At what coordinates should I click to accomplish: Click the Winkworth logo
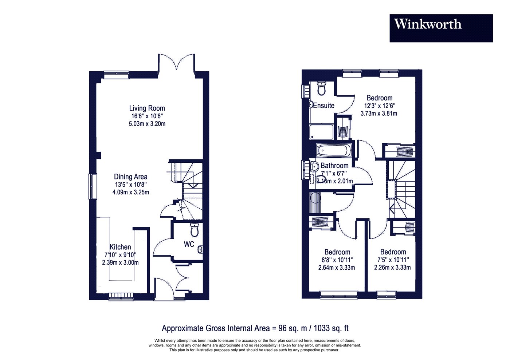[x=441, y=28]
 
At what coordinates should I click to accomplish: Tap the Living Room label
[x=147, y=108]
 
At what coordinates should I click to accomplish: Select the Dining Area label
[x=131, y=177]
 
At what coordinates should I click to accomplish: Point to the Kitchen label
[x=120, y=247]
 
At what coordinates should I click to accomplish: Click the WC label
[x=189, y=244]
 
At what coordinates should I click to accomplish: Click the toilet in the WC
[x=195, y=230]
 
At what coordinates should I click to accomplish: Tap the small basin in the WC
[x=200, y=250]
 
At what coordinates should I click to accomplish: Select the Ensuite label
[x=324, y=105]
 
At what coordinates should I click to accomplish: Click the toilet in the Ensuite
[x=322, y=88]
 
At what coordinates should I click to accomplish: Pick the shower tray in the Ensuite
[x=321, y=132]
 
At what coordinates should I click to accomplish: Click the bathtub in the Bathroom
[x=334, y=150]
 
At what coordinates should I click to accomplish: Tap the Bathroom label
[x=334, y=165]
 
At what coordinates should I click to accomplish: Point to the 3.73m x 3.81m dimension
[x=379, y=113]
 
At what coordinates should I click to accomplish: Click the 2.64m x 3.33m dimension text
[x=337, y=268]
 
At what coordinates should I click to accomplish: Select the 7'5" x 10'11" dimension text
[x=393, y=260]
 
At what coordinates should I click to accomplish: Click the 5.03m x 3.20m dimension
[x=147, y=124]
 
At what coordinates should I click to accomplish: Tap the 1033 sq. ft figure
[x=331, y=328]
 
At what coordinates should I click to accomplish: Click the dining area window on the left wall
[x=93, y=186]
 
